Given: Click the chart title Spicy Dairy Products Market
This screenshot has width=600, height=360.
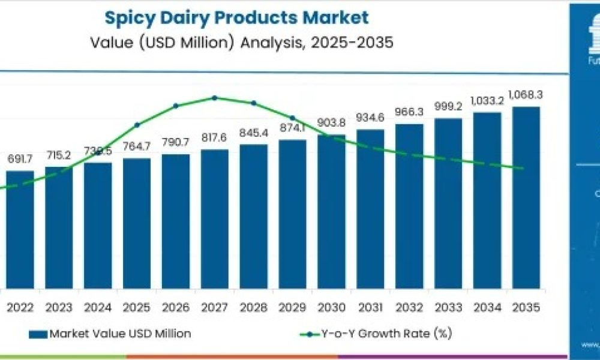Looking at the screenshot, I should point(237,17).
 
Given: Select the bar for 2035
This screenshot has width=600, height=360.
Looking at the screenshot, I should point(526,198).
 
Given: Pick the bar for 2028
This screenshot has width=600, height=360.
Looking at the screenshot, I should point(253,216).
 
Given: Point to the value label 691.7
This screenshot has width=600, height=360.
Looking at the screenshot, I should point(20,159).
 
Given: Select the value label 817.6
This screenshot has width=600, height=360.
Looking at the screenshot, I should point(214,138).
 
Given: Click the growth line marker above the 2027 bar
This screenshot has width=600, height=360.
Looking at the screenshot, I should point(215,98).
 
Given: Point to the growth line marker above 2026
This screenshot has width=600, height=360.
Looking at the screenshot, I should point(176,106).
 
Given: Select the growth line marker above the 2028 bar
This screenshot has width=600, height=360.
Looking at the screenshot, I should point(253,103).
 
